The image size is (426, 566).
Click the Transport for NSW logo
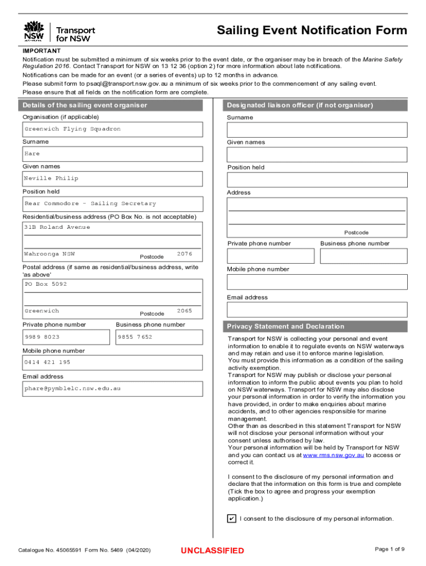59,32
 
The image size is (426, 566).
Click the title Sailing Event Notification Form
311,30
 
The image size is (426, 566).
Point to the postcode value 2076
184,254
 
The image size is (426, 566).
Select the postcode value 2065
184,311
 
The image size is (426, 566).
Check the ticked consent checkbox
232,518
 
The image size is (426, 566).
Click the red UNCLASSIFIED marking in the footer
212,551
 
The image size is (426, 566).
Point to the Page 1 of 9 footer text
389,549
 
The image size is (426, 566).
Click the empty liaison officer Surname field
317,130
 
